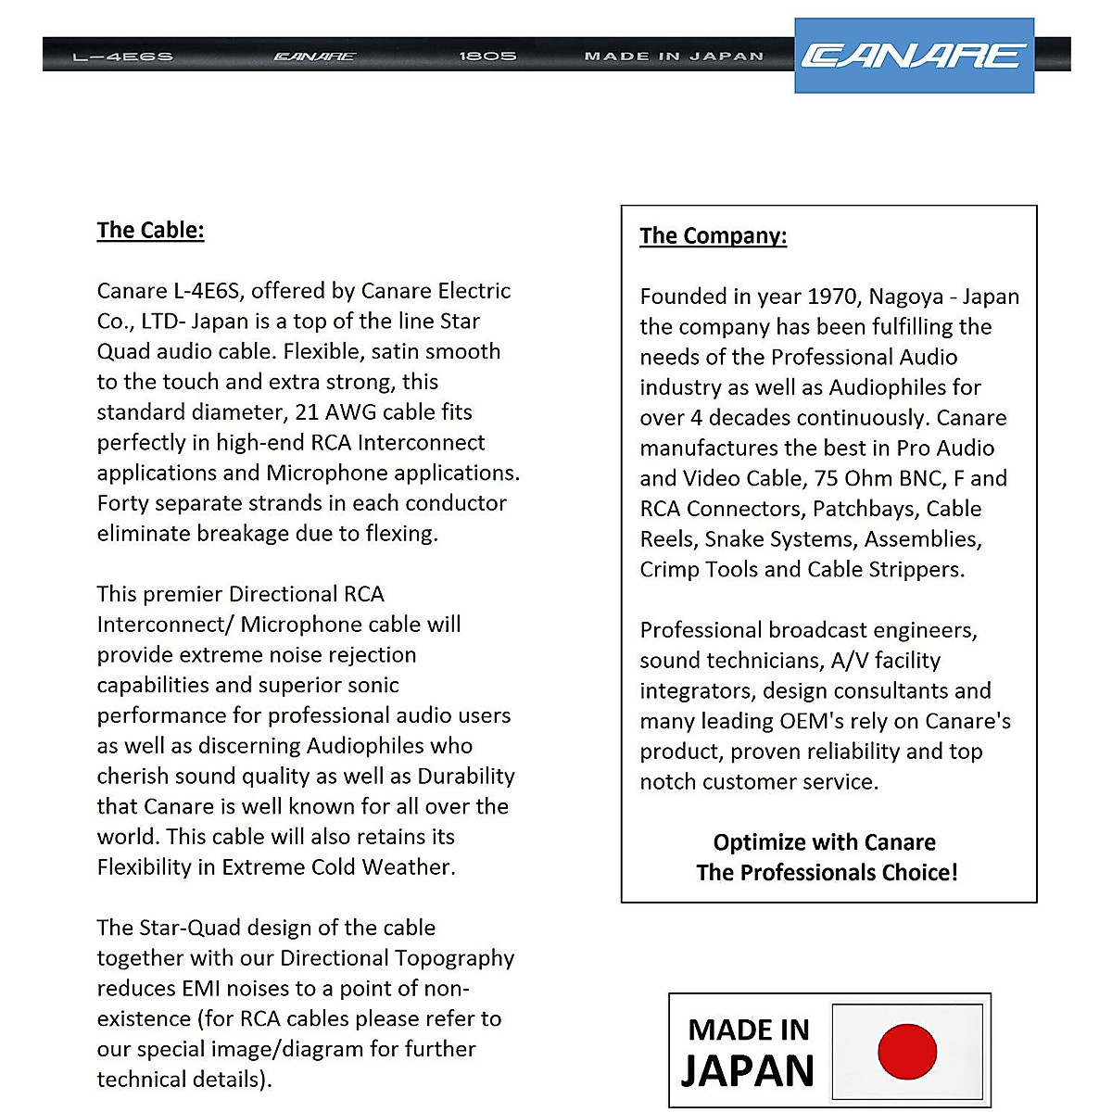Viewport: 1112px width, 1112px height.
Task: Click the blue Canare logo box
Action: (x=914, y=56)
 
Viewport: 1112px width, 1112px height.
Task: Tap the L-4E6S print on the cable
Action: (x=122, y=57)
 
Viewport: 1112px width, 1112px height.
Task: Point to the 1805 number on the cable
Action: (x=487, y=57)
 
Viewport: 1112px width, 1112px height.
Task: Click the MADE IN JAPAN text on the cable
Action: (x=674, y=57)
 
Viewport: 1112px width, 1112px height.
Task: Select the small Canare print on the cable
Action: (x=314, y=57)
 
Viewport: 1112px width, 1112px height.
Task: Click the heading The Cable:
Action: (x=150, y=230)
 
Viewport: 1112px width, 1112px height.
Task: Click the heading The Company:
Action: (x=713, y=235)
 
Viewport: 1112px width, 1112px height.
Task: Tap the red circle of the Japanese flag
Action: (x=907, y=1052)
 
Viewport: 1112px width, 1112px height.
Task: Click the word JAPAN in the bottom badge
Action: (x=747, y=1071)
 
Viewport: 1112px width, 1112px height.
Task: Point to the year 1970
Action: (x=832, y=297)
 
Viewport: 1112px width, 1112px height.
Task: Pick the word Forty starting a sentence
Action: (x=126, y=503)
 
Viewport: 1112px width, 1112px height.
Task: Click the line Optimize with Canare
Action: (x=824, y=842)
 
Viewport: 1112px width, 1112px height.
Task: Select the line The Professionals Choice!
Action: (x=827, y=873)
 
